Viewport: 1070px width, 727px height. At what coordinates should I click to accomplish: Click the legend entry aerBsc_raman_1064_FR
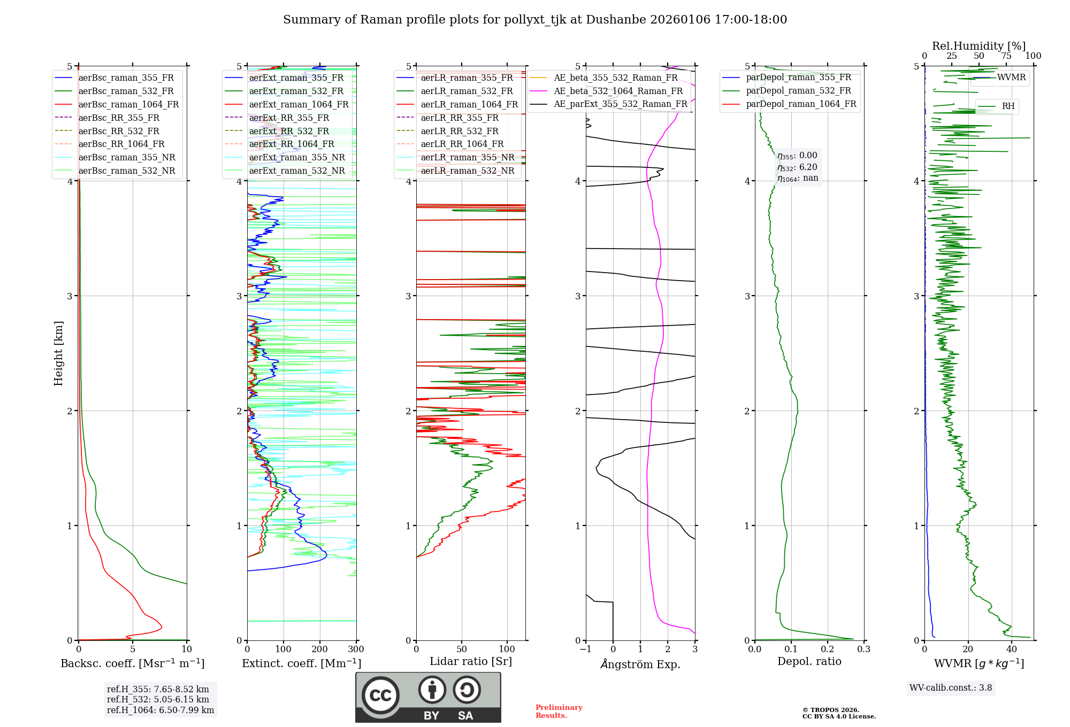tap(128, 104)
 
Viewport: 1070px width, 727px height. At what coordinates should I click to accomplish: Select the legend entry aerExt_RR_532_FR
tap(289, 131)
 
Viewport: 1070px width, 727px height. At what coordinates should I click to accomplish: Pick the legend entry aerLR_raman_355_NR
tap(467, 157)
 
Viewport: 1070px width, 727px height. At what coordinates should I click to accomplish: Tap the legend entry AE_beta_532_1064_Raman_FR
tap(618, 91)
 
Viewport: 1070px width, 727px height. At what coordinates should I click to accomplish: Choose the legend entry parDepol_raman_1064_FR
tap(801, 104)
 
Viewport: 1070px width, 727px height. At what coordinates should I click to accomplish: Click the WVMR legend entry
tap(1011, 78)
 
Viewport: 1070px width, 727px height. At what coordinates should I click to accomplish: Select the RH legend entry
tap(1008, 106)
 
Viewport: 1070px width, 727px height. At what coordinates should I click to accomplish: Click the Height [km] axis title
tap(58, 353)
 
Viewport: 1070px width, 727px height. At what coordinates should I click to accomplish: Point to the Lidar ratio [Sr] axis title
tap(471, 661)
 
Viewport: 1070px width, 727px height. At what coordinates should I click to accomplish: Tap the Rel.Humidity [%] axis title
tap(979, 46)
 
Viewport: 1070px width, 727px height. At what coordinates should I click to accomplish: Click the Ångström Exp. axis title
tap(640, 664)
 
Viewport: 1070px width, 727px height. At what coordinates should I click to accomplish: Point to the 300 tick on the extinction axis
tap(356, 649)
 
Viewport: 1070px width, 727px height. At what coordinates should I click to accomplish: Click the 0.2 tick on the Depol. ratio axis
tap(828, 649)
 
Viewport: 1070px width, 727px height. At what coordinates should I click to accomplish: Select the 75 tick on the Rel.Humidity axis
tap(1006, 56)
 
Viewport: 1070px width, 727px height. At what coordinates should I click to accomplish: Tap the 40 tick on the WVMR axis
tap(1012, 649)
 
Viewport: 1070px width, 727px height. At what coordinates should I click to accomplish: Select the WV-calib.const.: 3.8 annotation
tap(951, 687)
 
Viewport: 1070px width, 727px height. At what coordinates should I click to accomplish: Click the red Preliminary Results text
tap(559, 711)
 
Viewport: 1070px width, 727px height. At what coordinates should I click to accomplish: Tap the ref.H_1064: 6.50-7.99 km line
tap(160, 710)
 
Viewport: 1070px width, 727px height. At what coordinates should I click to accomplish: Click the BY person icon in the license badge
tap(432, 690)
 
